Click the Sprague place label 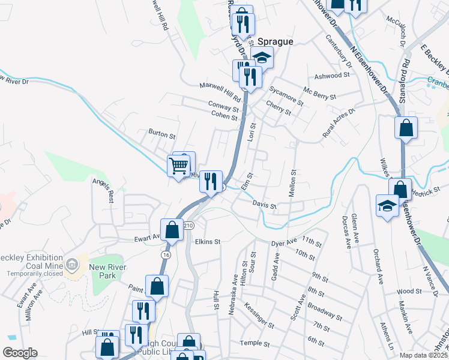pos(276,42)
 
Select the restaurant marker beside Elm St pos(211,181)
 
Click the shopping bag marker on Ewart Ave pos(172,230)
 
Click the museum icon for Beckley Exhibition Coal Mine pos(72,264)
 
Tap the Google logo pos(20,353)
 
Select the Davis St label pos(264,205)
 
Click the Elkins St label pos(208,242)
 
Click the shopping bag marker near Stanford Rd pos(406,128)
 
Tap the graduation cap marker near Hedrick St pos(387,206)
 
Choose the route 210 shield pos(188,226)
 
